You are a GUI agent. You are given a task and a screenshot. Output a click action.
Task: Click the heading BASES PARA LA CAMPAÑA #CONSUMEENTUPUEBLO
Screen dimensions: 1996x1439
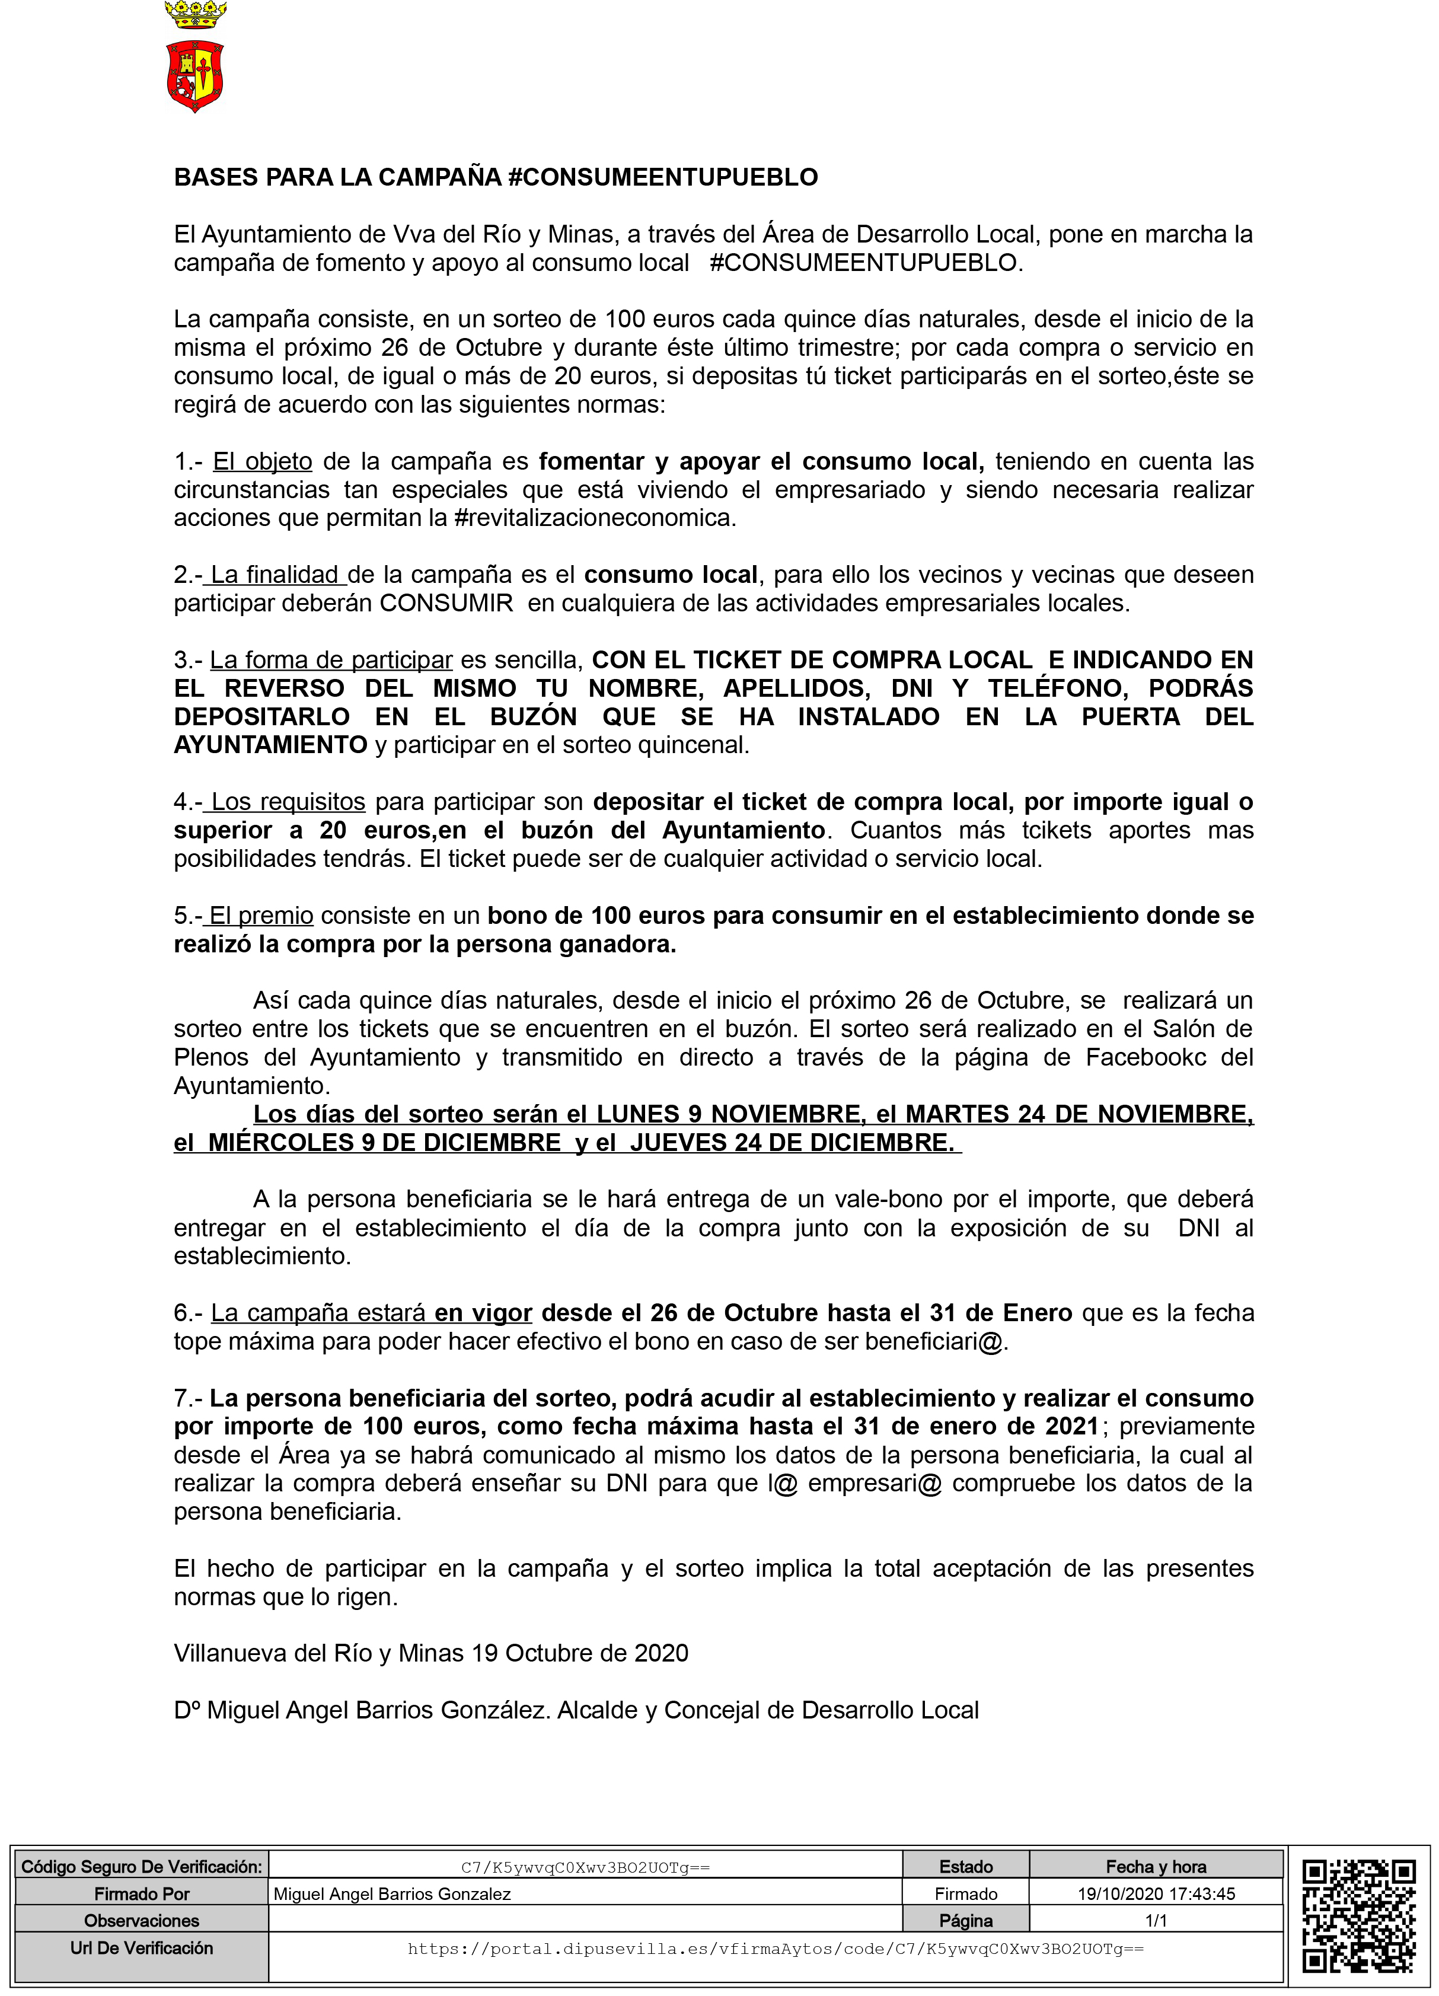pyautogui.click(x=496, y=178)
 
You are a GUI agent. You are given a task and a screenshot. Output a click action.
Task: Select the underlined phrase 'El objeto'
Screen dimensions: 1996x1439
pyautogui.click(x=262, y=461)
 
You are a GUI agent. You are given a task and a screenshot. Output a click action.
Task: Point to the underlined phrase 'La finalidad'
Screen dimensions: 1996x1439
pyautogui.click(x=275, y=575)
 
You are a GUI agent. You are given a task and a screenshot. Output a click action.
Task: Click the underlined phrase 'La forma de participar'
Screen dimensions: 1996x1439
pyautogui.click(x=331, y=660)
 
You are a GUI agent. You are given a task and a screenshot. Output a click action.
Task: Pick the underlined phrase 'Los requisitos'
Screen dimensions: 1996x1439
pyautogui.click(x=288, y=802)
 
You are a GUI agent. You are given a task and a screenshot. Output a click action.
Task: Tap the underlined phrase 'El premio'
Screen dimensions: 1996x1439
pyautogui.click(x=260, y=915)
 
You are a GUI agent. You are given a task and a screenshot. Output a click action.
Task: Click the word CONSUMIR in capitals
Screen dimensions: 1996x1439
pyautogui.click(x=446, y=603)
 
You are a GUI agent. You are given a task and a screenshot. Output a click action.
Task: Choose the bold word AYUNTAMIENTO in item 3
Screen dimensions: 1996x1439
pyautogui.click(x=270, y=745)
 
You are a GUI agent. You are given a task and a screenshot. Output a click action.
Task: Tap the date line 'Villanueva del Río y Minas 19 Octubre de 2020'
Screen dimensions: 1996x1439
pyautogui.click(x=430, y=1653)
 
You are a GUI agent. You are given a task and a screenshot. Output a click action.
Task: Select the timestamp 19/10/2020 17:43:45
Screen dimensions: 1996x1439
pyautogui.click(x=1156, y=1893)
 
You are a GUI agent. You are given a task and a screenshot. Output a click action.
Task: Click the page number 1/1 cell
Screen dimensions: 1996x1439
pyautogui.click(x=1156, y=1920)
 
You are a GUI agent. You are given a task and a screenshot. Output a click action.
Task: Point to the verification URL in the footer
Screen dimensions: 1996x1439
pyautogui.click(x=774, y=1949)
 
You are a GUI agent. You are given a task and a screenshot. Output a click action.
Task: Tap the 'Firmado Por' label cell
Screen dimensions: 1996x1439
pyautogui.click(x=142, y=1893)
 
